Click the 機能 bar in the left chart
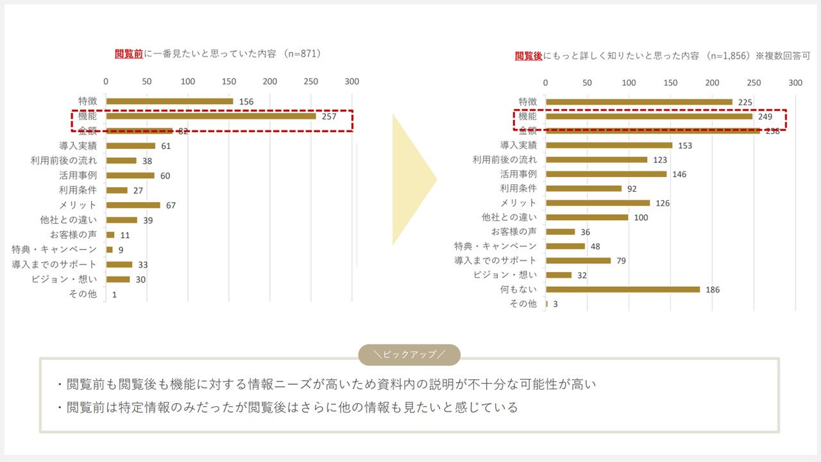point(211,116)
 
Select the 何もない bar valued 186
point(623,289)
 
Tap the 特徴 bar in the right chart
point(639,102)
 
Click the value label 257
point(328,117)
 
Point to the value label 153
point(685,146)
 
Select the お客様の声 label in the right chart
point(514,232)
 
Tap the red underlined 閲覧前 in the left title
point(129,54)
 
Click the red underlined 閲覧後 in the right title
point(529,56)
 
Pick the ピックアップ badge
point(409,355)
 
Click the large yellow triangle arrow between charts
point(414,180)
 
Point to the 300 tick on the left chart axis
point(351,81)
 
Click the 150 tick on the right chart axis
point(670,83)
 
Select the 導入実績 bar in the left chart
point(131,146)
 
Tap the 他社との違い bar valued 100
point(587,218)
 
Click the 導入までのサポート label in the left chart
point(54,264)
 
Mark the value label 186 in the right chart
point(712,290)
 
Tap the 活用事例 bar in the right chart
point(606,174)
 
